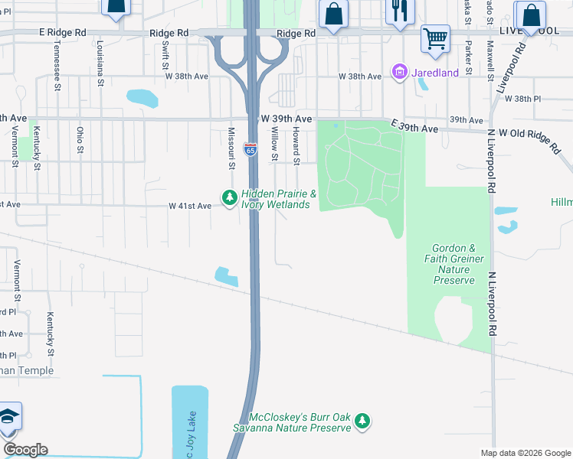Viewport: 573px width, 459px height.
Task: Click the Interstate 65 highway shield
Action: pos(250,149)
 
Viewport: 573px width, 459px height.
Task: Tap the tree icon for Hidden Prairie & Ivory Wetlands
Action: pos(229,198)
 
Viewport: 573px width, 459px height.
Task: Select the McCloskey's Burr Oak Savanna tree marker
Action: pos(363,421)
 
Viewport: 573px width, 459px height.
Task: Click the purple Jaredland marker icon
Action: pos(399,73)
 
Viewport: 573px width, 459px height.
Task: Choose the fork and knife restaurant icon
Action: pos(398,11)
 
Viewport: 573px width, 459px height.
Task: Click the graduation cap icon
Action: pos(8,417)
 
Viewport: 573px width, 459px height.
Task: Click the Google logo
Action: pos(25,450)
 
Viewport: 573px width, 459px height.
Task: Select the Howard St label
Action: pos(295,145)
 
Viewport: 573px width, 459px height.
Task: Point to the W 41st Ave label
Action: pos(190,206)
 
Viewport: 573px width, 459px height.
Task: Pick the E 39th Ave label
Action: pos(414,127)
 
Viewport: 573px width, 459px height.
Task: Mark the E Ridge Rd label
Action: pos(63,34)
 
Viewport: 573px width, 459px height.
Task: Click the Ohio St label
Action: pos(80,141)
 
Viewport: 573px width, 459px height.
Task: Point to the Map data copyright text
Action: pos(525,452)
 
